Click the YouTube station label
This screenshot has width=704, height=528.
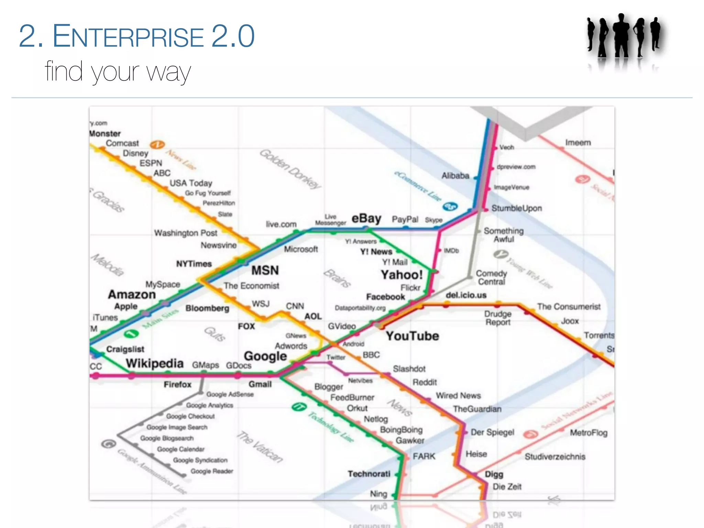pyautogui.click(x=412, y=336)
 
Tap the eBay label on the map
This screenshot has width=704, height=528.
pyautogui.click(x=366, y=219)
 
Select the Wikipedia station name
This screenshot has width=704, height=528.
pyautogui.click(x=155, y=363)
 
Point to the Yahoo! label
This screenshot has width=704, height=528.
pyautogui.click(x=401, y=275)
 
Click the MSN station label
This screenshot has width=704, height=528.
pyautogui.click(x=265, y=270)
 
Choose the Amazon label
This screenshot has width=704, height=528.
pyautogui.click(x=132, y=295)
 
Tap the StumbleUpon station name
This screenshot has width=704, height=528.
pyautogui.click(x=516, y=208)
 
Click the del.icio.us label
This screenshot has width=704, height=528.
pyautogui.click(x=466, y=295)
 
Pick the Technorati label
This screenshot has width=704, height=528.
pyautogui.click(x=369, y=474)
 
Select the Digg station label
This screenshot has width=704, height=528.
pyautogui.click(x=494, y=474)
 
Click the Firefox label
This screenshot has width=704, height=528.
pyautogui.click(x=177, y=385)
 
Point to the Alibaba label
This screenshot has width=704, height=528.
pyautogui.click(x=455, y=176)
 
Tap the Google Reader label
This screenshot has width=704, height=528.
pyautogui.click(x=212, y=471)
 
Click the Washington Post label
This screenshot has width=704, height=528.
pyautogui.click(x=186, y=233)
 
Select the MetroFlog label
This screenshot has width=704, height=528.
pyautogui.click(x=588, y=433)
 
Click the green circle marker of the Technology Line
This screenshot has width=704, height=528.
pyautogui.click(x=298, y=407)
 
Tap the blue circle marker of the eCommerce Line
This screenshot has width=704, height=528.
pyautogui.click(x=450, y=206)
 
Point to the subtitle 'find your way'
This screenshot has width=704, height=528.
pyautogui.click(x=118, y=71)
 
